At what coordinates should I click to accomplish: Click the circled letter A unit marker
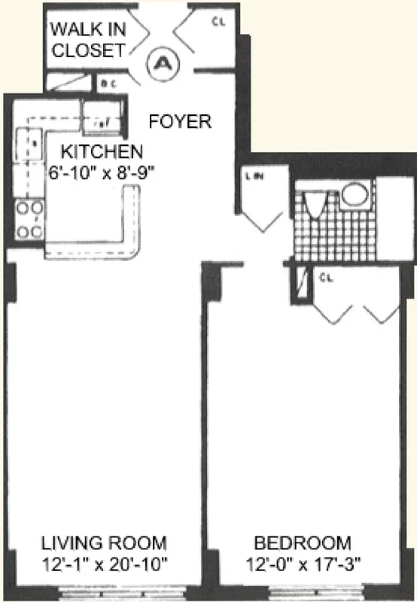(162, 65)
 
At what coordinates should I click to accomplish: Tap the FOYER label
(180, 120)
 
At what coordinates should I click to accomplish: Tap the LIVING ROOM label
(104, 543)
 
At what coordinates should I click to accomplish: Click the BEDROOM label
(302, 543)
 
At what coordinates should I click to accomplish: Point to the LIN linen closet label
(253, 177)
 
